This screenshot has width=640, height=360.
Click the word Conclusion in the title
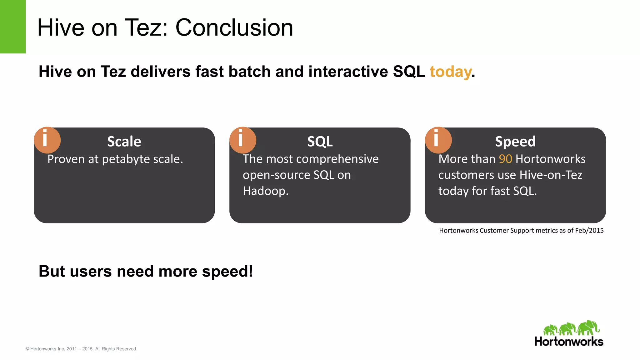(234, 28)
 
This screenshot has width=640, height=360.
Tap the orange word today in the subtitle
(450, 72)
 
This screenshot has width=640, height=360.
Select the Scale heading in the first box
(124, 142)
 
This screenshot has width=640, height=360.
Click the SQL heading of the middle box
(320, 142)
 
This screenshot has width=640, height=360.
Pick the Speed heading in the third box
(515, 142)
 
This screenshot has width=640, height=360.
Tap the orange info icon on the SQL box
(242, 140)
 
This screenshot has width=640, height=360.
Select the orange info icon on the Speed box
(438, 140)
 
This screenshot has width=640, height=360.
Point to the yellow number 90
(505, 159)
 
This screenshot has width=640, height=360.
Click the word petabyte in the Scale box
(126, 160)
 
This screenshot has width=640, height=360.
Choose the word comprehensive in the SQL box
(337, 159)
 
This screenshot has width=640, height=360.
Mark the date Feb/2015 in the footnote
(589, 231)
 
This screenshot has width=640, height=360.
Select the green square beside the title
(12, 27)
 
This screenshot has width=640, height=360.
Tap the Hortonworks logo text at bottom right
(569, 342)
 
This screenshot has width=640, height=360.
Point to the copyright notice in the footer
(81, 349)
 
